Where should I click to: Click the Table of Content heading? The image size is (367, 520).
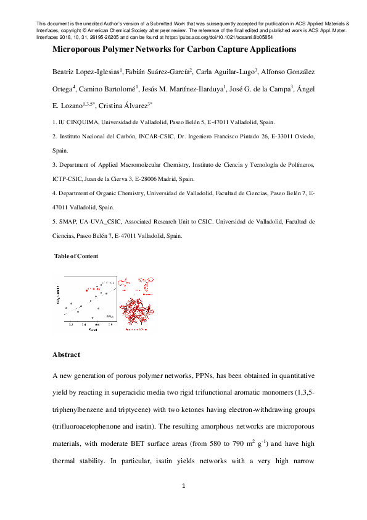(x=76, y=256)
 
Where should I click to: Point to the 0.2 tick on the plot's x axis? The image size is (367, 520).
(x=72, y=324)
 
